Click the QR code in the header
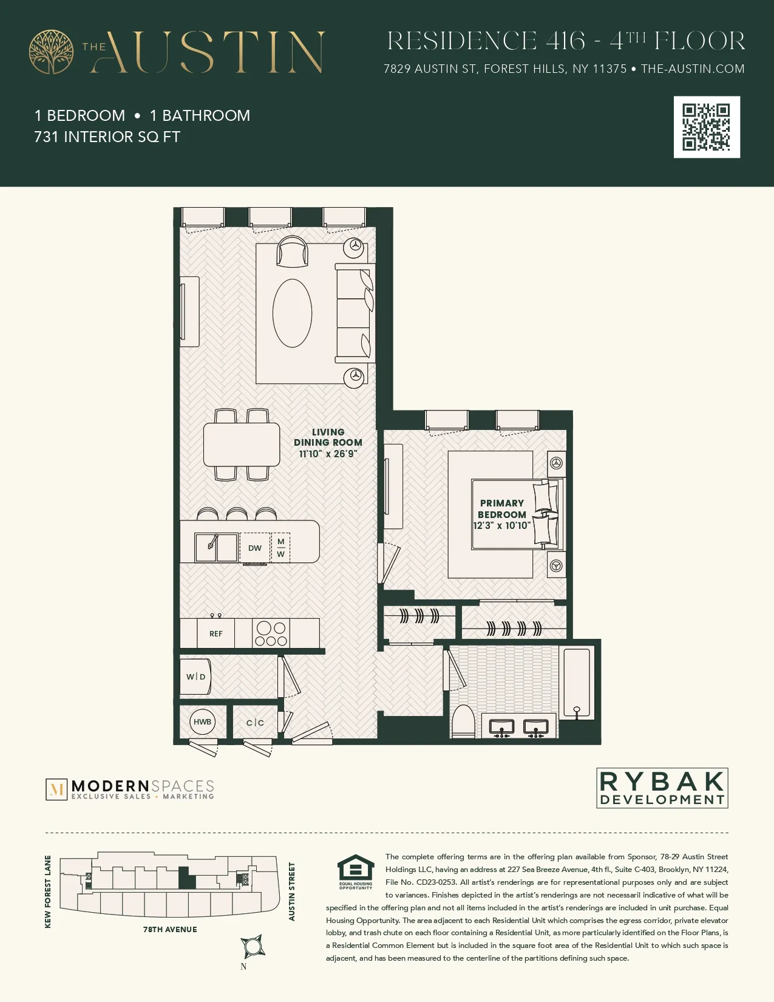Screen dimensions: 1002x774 tap(707, 127)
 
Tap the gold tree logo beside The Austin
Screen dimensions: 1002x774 tap(52, 52)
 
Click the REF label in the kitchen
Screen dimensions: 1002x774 tap(216, 633)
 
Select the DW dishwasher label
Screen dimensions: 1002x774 tap(255, 548)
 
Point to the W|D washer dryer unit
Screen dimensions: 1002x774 tap(195, 677)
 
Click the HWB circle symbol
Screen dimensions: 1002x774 tap(202, 721)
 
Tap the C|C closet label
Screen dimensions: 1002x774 tap(255, 723)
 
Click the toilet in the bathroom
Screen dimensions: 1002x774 tap(464, 721)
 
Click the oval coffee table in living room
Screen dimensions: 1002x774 tap(292, 313)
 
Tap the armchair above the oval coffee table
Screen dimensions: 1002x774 tap(292, 251)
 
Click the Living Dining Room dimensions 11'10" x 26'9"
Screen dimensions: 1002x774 tap(328, 454)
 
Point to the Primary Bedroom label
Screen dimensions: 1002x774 tap(501, 509)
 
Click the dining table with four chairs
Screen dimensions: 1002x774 tap(242, 444)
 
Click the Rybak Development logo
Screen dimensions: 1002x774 tap(662, 788)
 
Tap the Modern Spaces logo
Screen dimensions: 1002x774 tap(131, 789)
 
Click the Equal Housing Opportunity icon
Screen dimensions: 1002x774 tap(356, 872)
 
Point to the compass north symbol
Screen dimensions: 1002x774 tap(252, 946)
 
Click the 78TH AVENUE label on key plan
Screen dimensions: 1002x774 tap(170, 929)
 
